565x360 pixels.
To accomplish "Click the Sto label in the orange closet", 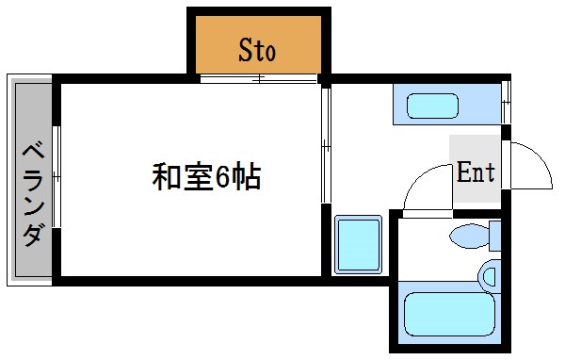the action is click(x=257, y=49).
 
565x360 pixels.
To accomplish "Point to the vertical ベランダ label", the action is click(x=32, y=192).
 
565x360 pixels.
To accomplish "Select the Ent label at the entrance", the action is click(x=476, y=172).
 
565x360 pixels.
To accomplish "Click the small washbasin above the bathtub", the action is click(x=489, y=276).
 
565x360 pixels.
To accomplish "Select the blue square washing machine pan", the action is click(x=358, y=244).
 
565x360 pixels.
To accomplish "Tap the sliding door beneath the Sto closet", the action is click(x=258, y=78).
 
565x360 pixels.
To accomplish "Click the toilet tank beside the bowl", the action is click(x=494, y=236).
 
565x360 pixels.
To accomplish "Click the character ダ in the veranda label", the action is click(x=32, y=233).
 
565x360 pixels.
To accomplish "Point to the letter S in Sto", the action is click(x=244, y=49).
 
